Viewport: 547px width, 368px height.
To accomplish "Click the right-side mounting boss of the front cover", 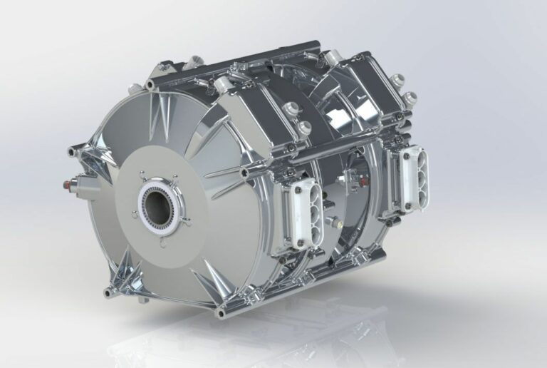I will tap(246, 172).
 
